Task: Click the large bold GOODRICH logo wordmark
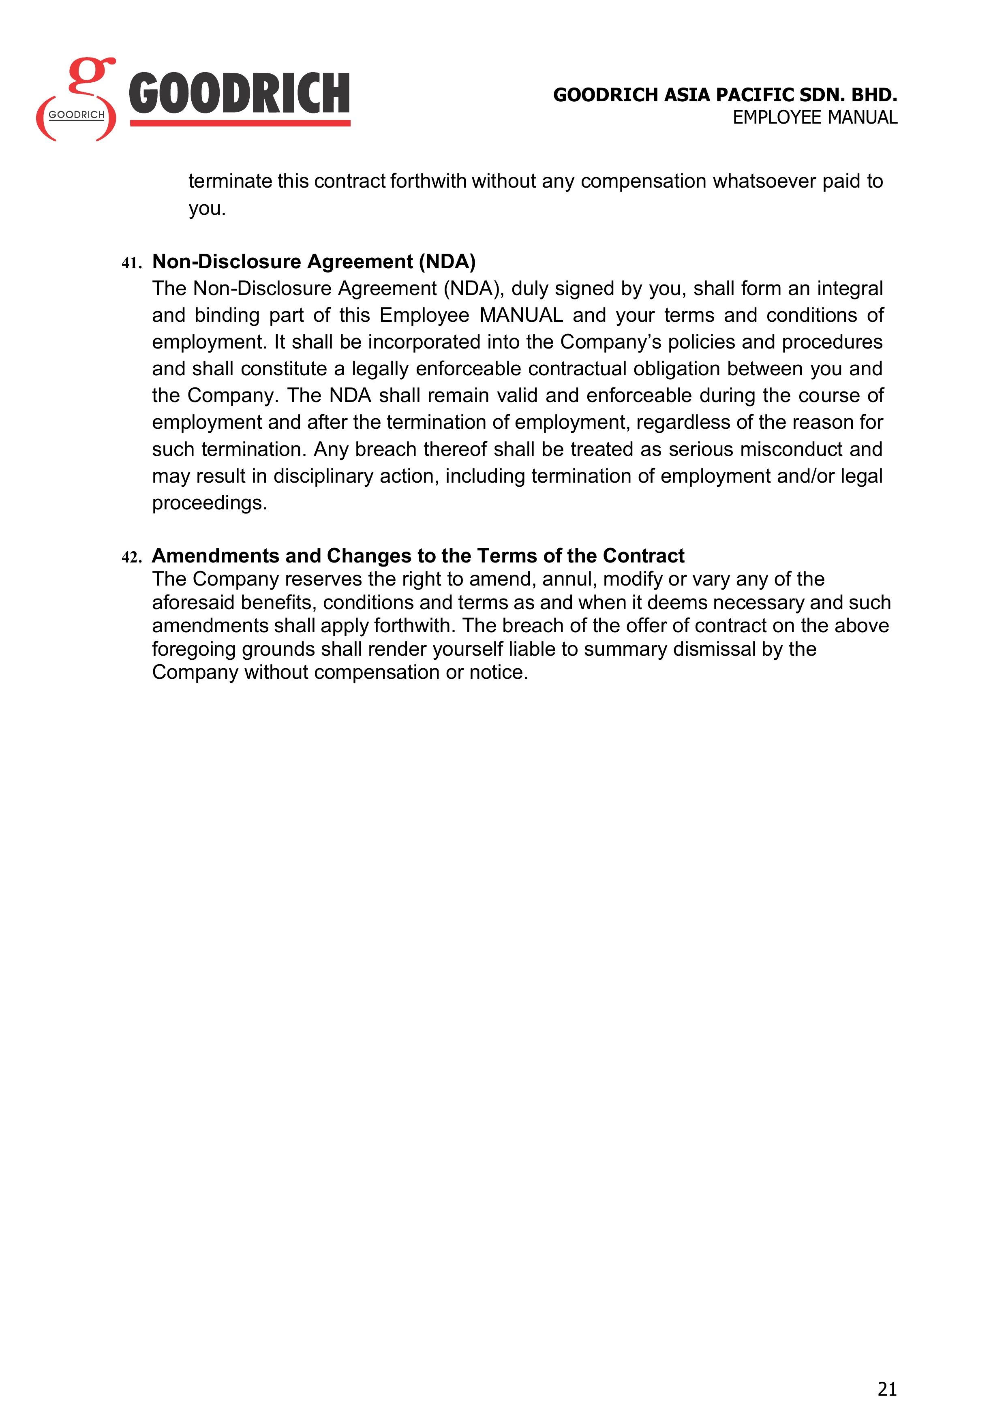tap(239, 94)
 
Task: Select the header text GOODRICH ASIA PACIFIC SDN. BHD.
tap(725, 95)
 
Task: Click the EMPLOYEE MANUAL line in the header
tap(815, 117)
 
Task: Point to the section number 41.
tap(131, 263)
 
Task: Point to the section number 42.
tap(131, 557)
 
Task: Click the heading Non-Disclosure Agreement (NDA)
tap(313, 261)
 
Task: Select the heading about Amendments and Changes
tap(418, 556)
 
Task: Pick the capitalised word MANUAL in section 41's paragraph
tap(521, 315)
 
